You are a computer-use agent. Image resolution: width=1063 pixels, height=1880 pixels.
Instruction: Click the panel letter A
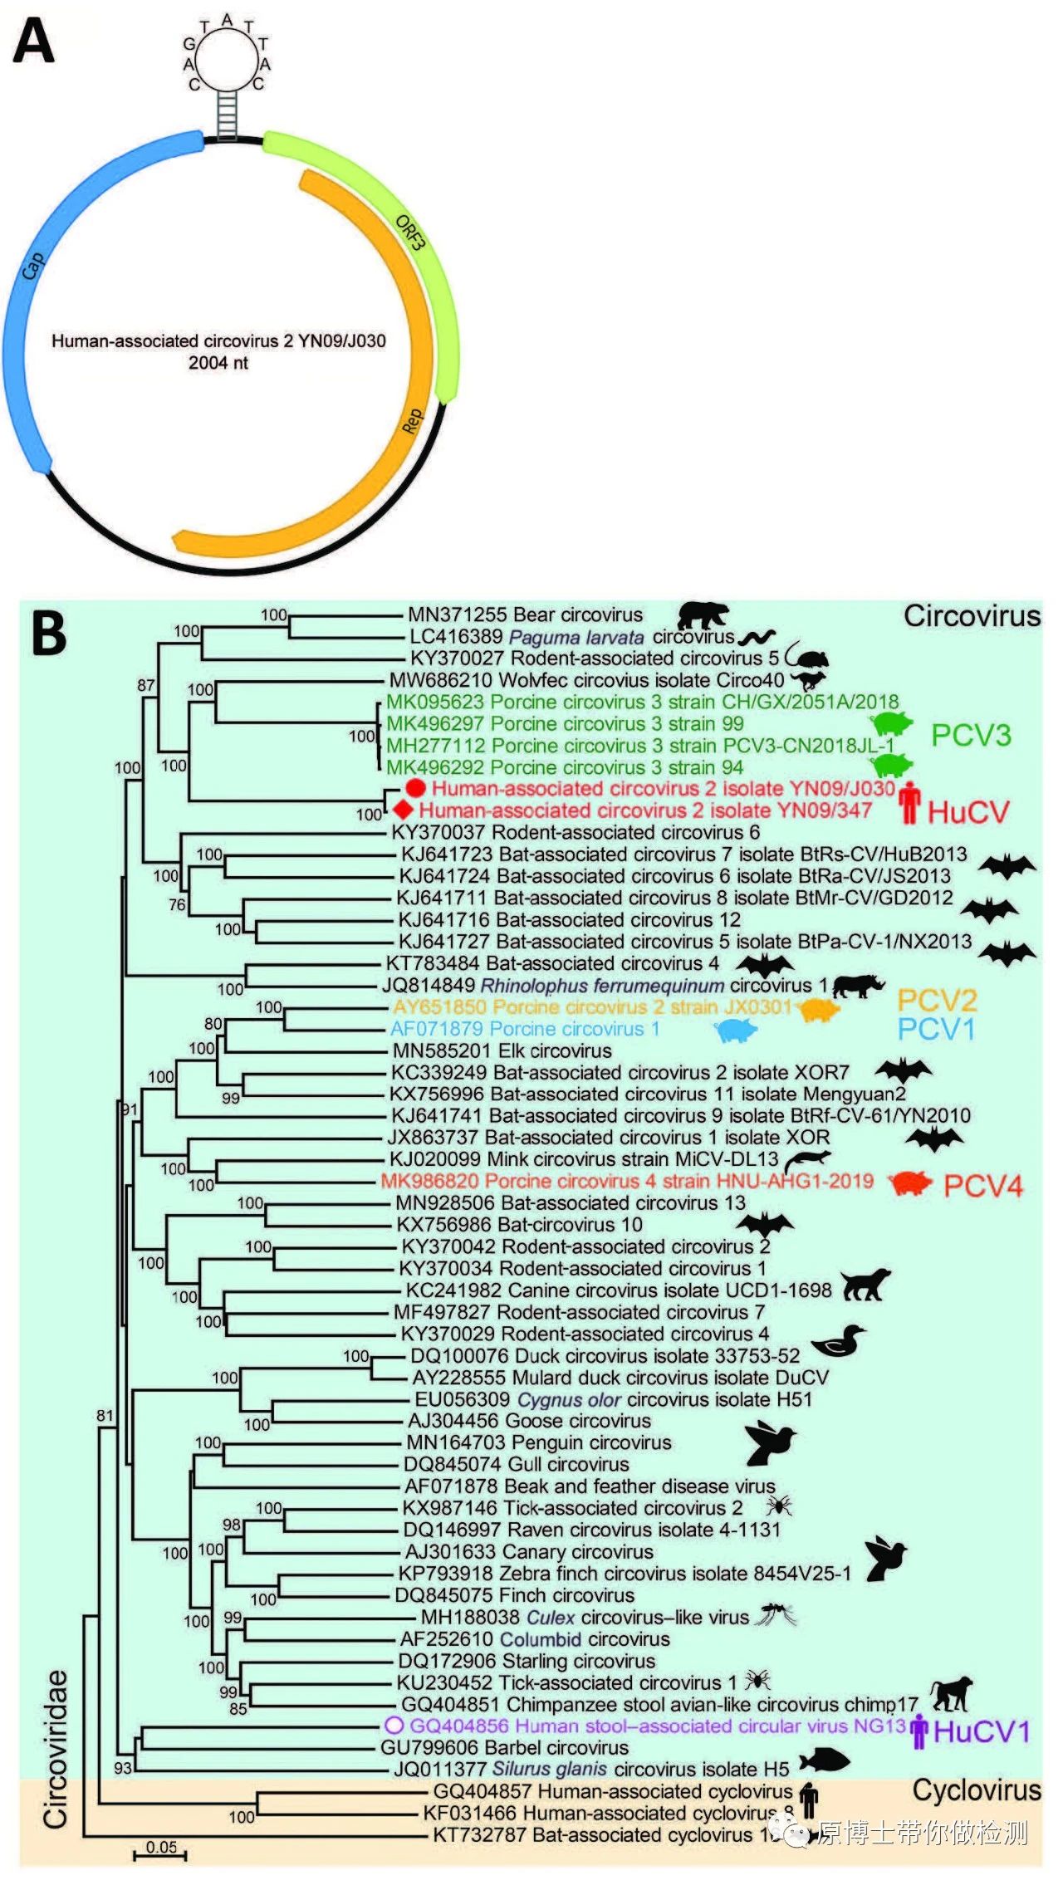click(34, 42)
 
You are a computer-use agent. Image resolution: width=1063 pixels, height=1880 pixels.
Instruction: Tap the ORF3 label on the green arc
click(410, 233)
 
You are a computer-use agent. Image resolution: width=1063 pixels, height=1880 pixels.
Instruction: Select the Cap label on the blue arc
click(32, 266)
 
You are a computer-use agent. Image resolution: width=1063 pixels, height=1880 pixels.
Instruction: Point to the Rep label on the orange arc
click(412, 421)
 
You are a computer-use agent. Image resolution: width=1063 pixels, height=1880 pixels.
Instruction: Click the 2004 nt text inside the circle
click(218, 363)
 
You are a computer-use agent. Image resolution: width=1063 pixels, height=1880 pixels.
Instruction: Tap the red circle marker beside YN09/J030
click(415, 788)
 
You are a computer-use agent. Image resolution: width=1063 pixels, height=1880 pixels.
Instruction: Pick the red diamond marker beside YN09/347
click(404, 810)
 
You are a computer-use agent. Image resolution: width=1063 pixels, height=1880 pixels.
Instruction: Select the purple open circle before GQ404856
click(394, 1726)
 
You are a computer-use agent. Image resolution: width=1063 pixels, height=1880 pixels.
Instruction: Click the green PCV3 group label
click(971, 735)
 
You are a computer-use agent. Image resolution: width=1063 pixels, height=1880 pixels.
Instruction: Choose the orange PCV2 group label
click(937, 1000)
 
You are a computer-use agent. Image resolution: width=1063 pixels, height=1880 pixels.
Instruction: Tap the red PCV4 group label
click(983, 1186)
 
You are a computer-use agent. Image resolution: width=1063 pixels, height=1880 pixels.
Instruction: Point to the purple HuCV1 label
click(982, 1731)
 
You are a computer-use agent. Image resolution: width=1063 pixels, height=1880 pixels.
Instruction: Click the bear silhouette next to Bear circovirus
click(703, 615)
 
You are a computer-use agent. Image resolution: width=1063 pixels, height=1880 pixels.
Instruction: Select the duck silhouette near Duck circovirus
click(838, 1339)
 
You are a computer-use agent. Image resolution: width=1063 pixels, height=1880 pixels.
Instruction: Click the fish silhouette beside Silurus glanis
click(824, 1760)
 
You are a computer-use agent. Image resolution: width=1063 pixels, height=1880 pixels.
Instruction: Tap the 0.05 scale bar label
click(161, 1847)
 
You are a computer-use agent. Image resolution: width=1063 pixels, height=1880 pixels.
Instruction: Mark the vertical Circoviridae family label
click(56, 1750)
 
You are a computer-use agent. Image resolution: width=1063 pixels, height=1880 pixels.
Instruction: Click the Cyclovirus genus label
click(976, 1790)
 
